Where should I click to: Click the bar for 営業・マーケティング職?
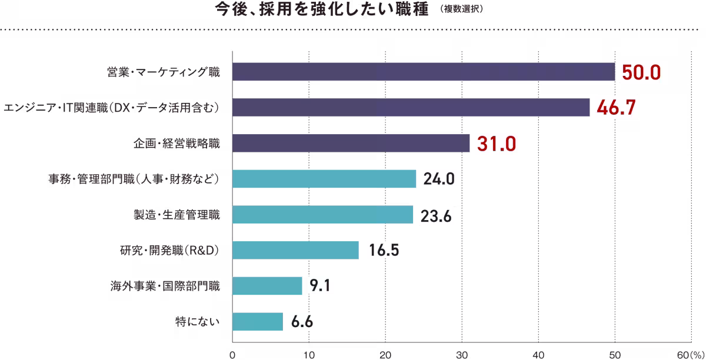(424, 72)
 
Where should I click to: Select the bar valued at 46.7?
(411, 108)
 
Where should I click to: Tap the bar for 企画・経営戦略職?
(351, 143)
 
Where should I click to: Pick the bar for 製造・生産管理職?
(323, 215)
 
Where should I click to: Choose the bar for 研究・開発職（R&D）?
(296, 250)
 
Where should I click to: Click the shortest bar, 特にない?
(258, 322)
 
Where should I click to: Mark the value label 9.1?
(322, 286)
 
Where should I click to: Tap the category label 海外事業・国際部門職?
(165, 286)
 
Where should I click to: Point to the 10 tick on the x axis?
(309, 355)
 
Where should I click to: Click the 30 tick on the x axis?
(462, 355)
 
